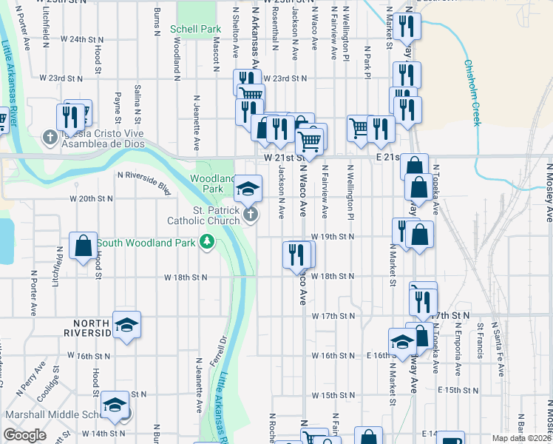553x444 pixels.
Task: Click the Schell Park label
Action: [195, 29]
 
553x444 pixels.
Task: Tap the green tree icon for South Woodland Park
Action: [208, 242]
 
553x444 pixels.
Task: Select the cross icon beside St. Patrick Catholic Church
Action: [251, 215]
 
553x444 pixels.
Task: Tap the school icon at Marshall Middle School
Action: [114, 405]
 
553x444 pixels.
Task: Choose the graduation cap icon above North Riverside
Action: [127, 324]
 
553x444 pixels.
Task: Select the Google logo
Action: [24, 435]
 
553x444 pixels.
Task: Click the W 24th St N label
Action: [81, 38]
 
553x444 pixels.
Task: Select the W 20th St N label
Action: [91, 198]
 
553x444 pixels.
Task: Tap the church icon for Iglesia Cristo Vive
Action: [50, 137]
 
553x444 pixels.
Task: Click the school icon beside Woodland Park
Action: [248, 188]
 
